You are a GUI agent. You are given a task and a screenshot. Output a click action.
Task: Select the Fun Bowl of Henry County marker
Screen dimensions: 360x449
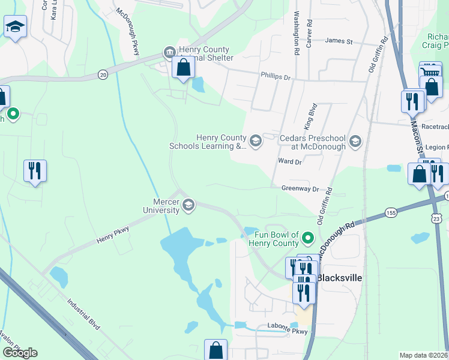309,238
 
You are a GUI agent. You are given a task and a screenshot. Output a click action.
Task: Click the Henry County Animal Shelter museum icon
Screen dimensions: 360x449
170,52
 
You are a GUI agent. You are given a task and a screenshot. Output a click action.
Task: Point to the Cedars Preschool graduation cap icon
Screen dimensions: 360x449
355,142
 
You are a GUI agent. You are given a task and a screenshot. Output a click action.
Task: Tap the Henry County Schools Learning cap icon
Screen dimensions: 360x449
255,141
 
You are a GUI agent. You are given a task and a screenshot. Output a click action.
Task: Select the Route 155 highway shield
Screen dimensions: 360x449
391,212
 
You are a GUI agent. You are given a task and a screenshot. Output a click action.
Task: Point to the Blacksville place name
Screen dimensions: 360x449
339,278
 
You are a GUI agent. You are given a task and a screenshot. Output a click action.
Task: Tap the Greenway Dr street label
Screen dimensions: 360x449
299,188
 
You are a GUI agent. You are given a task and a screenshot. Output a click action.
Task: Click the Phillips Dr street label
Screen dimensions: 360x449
275,77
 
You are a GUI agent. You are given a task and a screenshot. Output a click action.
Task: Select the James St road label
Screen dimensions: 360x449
339,41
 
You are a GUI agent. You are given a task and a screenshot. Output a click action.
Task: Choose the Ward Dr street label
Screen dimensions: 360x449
289,161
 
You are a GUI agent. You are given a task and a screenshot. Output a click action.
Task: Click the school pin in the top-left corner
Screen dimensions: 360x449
15,27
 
